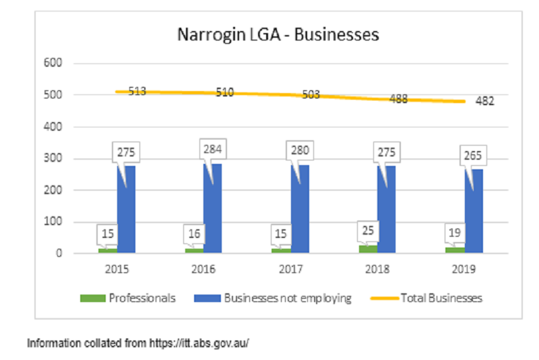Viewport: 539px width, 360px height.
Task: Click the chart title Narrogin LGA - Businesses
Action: [278, 34]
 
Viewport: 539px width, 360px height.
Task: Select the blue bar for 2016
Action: [212, 209]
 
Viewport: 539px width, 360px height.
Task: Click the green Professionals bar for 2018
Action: [368, 249]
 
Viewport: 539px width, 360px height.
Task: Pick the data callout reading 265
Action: [473, 156]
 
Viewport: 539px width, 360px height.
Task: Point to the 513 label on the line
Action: [137, 92]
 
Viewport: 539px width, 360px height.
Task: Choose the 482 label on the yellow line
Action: [484, 102]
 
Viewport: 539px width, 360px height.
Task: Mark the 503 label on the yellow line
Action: [311, 95]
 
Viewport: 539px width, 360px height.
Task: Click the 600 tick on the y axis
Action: [53, 63]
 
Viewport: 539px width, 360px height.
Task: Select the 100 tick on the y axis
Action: [53, 222]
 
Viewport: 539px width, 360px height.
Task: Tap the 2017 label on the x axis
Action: [290, 268]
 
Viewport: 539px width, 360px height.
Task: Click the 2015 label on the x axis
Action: [117, 268]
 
